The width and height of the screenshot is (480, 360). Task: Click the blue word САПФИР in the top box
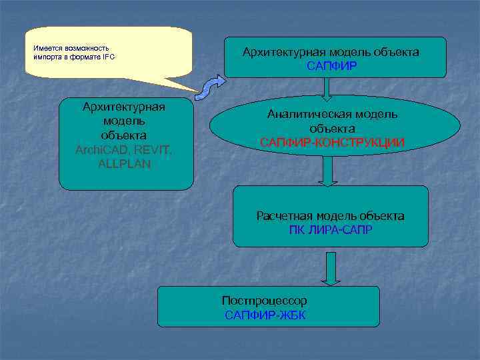coord(331,66)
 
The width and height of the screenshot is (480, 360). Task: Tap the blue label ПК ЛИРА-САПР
coord(331,230)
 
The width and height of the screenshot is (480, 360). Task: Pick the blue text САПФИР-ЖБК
coord(265,315)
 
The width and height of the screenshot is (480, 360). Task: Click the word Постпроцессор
coord(265,301)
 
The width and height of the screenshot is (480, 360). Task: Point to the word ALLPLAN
coord(124,164)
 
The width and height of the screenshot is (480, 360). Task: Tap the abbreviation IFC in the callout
coord(109,57)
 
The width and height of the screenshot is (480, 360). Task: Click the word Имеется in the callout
coord(46,48)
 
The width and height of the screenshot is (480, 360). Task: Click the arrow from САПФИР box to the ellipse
coord(327,88)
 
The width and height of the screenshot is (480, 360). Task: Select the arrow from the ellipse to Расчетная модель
coord(327,171)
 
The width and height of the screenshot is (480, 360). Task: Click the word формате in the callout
coord(83,57)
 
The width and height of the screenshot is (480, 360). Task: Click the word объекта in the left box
coord(125,135)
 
